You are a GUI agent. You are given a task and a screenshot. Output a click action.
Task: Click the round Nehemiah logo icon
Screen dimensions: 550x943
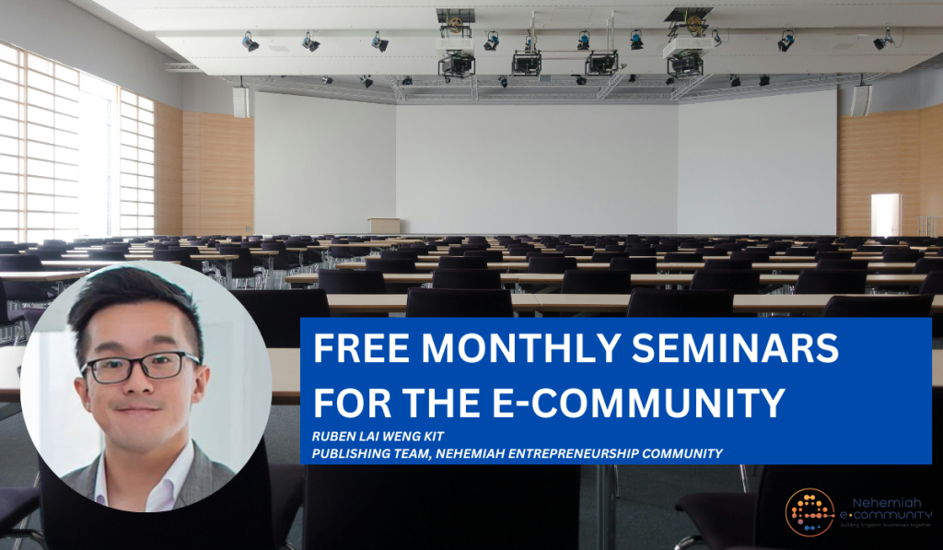[x=809, y=512]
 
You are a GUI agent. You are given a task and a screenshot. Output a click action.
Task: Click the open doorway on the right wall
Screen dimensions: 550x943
[x=885, y=215]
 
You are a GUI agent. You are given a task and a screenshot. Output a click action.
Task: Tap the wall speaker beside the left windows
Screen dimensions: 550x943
[x=240, y=102]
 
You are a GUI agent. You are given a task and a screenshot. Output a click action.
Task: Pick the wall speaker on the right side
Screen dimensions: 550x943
[x=859, y=100]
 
